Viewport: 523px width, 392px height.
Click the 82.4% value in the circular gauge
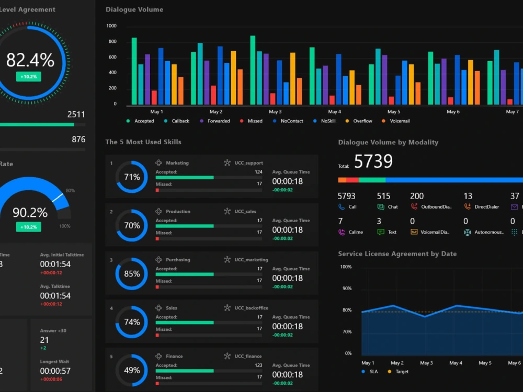[30, 60]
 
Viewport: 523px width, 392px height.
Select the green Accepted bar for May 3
[253, 71]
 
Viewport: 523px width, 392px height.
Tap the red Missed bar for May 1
[154, 97]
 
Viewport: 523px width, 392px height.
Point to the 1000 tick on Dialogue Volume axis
[111, 26]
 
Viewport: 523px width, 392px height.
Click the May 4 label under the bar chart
[334, 112]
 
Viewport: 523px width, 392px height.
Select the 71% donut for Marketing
[132, 177]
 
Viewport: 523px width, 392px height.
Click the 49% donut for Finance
[132, 371]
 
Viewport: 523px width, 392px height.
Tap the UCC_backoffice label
[251, 308]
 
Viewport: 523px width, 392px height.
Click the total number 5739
[373, 162]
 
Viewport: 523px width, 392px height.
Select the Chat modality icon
[381, 207]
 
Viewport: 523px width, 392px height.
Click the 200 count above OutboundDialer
[417, 196]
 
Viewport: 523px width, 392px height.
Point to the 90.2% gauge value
[30, 213]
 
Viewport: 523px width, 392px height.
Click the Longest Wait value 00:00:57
[55, 371]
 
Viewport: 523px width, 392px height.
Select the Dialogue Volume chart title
[134, 9]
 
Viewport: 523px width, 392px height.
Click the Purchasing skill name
[178, 260]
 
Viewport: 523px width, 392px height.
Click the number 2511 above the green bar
[76, 114]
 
